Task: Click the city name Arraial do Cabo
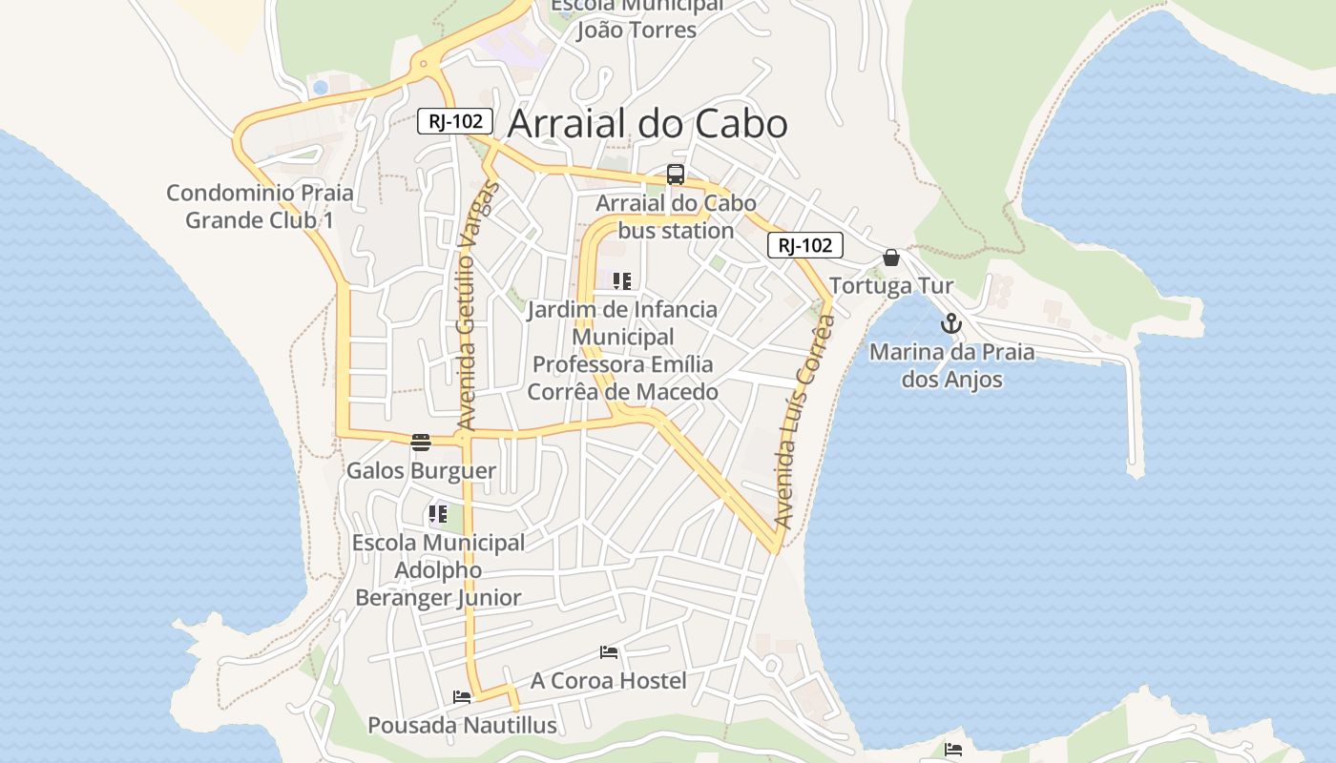click(648, 124)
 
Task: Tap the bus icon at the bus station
click(676, 175)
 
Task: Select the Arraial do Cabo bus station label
click(676, 217)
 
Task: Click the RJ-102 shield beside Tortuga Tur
click(805, 245)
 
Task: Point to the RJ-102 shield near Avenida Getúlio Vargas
click(455, 121)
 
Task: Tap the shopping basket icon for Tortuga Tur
click(891, 258)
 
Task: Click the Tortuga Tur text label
click(891, 286)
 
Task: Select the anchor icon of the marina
click(950, 323)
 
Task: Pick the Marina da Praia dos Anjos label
click(951, 365)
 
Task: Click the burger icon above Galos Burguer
click(421, 442)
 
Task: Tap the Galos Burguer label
click(421, 470)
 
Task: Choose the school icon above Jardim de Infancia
click(622, 281)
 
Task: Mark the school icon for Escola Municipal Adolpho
click(438, 514)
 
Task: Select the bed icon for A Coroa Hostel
click(609, 652)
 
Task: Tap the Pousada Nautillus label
click(462, 725)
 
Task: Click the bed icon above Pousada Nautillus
click(462, 697)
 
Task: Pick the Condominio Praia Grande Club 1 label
click(260, 206)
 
